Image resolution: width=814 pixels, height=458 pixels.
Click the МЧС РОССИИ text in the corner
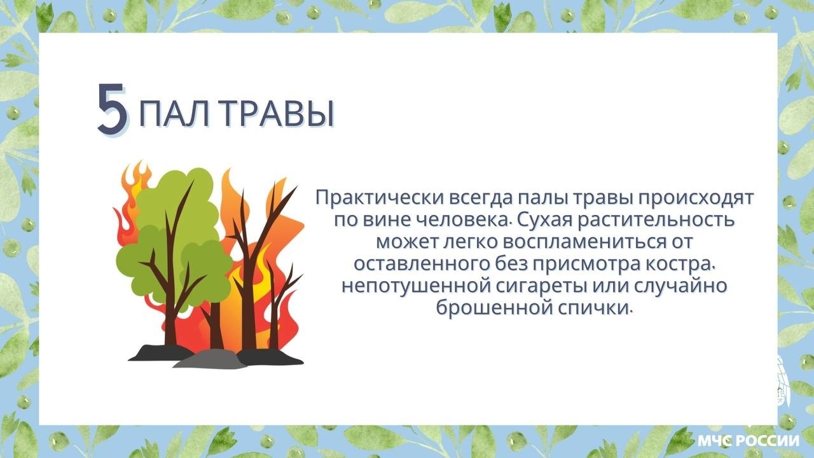[x=748, y=441]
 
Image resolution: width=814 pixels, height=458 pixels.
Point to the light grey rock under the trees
[x=210, y=360]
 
